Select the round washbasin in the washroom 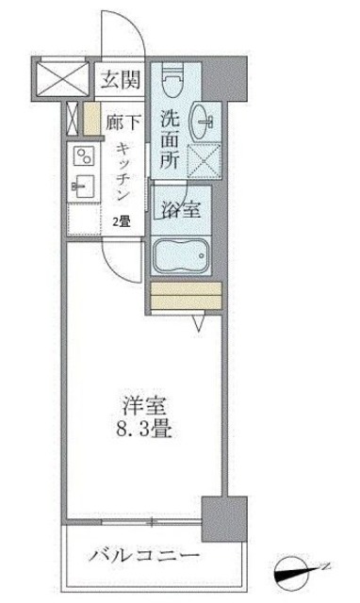tap(205, 122)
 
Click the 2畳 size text tap(123, 221)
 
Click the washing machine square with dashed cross tap(205, 163)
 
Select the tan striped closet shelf tap(184, 296)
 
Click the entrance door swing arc tap(134, 33)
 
